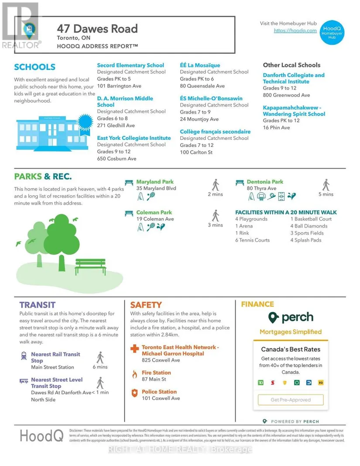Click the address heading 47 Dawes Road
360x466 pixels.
[97, 29]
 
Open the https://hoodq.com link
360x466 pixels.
[295, 31]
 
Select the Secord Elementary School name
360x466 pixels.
[130, 65]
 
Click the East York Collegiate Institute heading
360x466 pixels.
[134, 138]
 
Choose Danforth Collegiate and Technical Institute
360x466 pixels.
[293, 78]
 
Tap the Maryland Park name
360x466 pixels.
[154, 182]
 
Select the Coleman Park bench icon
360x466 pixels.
[129, 213]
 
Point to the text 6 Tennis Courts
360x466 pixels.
[252, 240]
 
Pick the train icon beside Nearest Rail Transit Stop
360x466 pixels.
[24, 356]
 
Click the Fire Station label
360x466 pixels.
[156, 373]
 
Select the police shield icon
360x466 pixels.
[134, 393]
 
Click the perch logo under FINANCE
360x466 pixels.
[290, 318]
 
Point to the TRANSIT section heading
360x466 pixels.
[38, 305]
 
